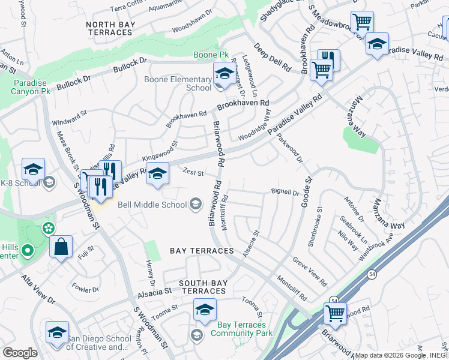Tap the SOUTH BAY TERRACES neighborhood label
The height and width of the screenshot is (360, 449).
tap(203, 287)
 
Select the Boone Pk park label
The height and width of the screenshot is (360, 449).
tap(211, 55)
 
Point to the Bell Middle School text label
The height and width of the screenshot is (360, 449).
tap(152, 205)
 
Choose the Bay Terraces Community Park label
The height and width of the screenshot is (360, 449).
tap(241, 329)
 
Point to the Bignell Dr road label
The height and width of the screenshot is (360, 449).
tap(285, 193)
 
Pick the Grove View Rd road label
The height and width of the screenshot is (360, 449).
tap(309, 271)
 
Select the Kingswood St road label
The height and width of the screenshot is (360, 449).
tap(160, 151)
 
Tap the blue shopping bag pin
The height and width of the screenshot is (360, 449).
tap(61, 246)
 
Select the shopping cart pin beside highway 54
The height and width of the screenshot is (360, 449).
tap(335, 313)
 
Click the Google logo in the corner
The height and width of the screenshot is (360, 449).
tap(20, 353)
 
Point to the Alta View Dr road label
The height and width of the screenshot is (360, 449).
tap(38, 290)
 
